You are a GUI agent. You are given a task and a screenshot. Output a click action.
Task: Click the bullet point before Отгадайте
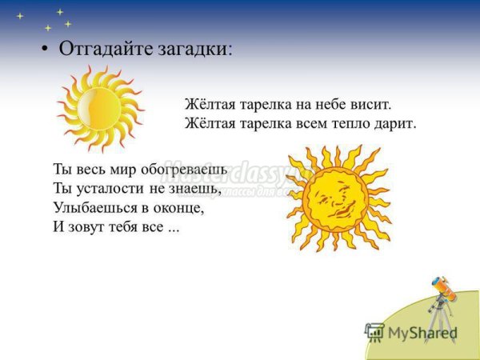pos(45,49)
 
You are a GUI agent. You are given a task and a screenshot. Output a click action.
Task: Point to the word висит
pos(374,105)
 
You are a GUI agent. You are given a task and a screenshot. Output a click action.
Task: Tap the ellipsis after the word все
pos(174,229)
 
